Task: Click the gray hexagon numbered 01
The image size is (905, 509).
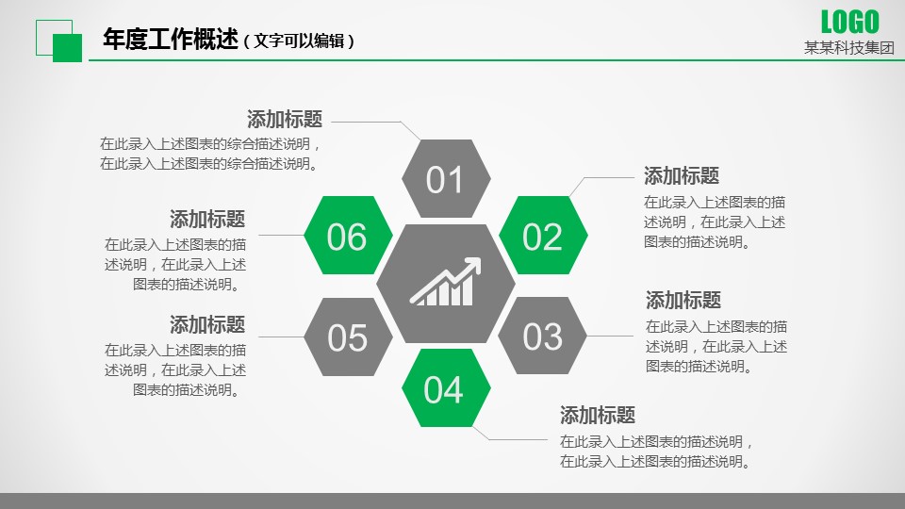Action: click(x=446, y=179)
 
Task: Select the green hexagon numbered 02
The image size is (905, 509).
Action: click(x=543, y=235)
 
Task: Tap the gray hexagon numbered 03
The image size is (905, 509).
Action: click(x=542, y=336)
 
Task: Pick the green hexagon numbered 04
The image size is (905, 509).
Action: click(x=446, y=387)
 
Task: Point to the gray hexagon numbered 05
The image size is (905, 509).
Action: click(x=348, y=337)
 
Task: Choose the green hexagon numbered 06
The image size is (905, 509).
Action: click(x=348, y=235)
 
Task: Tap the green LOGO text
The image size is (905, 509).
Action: click(x=849, y=23)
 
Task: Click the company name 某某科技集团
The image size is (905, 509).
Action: click(x=849, y=48)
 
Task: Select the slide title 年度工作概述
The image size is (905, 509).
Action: click(x=171, y=40)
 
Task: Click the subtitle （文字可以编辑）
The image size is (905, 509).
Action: click(x=299, y=41)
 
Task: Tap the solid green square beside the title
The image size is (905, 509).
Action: click(x=68, y=48)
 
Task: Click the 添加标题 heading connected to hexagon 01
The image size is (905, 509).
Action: click(x=285, y=120)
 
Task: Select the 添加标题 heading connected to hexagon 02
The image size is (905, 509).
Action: click(x=682, y=175)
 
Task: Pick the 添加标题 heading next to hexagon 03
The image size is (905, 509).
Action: click(x=683, y=300)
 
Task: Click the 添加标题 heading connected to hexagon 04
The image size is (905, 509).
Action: click(x=598, y=415)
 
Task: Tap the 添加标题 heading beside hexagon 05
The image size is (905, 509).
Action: click(x=207, y=324)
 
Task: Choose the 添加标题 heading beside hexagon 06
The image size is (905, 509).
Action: click(x=207, y=219)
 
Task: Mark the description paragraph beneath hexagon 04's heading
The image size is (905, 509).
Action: click(x=656, y=452)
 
